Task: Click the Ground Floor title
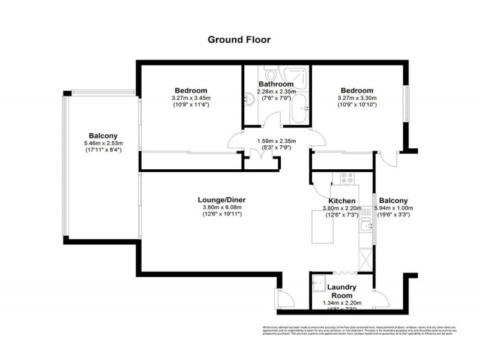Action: click(x=239, y=40)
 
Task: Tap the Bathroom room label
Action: click(x=276, y=84)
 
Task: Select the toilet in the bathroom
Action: click(x=272, y=74)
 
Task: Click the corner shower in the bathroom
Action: click(x=299, y=76)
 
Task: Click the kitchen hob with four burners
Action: click(x=347, y=178)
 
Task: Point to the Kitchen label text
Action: click(x=342, y=200)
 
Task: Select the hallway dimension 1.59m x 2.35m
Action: click(x=277, y=142)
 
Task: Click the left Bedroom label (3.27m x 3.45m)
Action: click(x=191, y=90)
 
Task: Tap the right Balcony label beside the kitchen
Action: click(x=393, y=200)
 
